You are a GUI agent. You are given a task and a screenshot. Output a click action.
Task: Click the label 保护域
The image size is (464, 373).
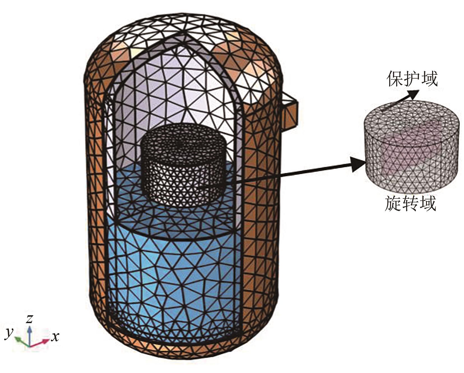click(412, 78)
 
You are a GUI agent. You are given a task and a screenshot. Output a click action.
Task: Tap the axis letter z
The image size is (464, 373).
click(29, 319)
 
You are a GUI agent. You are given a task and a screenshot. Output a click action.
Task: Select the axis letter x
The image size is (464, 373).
click(55, 336)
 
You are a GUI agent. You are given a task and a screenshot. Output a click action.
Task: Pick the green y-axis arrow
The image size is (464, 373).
click(20, 340)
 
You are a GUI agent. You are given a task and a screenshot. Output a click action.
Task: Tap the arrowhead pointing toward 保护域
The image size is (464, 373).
click(414, 95)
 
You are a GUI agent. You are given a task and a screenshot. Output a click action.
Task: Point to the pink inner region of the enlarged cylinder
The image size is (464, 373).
click(403, 157)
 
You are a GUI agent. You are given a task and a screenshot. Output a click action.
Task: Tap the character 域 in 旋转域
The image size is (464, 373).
click(427, 203)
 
